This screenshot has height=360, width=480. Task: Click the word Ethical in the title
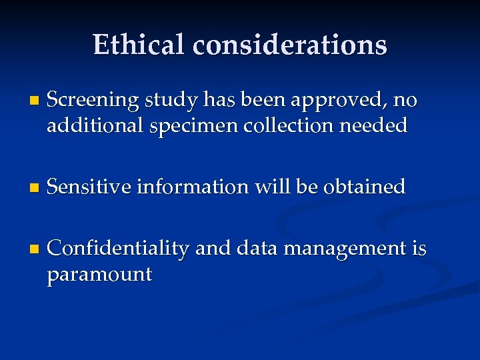tap(139, 45)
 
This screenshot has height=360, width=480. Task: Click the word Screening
tap(93, 101)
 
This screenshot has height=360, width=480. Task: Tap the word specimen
tap(188, 126)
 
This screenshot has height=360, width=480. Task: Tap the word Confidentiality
tap(119, 249)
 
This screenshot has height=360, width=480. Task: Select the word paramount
tap(99, 274)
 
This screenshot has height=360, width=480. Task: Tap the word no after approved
tap(405, 101)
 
